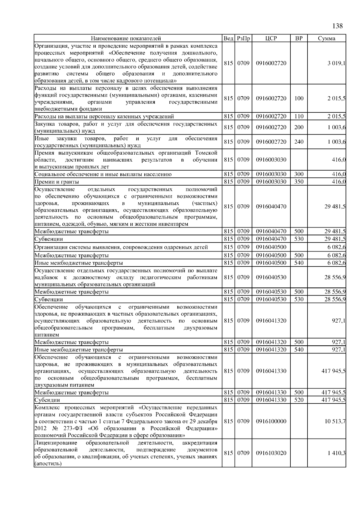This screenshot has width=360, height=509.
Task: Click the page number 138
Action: click(x=337, y=26)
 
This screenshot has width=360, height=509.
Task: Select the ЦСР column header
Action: click(x=271, y=38)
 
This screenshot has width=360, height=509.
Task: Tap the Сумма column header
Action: click(x=327, y=38)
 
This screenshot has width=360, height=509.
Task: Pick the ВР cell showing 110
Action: click(x=299, y=116)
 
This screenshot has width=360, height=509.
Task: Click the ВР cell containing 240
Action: click(x=299, y=142)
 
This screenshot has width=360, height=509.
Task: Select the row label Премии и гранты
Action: click(x=57, y=182)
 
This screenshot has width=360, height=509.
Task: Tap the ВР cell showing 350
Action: click(x=299, y=182)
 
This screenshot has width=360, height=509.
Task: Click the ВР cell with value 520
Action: click(x=299, y=400)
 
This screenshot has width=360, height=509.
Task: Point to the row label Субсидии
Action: click(x=47, y=400)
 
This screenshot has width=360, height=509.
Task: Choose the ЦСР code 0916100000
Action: click(x=271, y=421)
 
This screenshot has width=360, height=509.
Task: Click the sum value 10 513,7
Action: click(x=335, y=421)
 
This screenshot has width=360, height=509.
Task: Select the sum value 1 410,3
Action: click(x=337, y=453)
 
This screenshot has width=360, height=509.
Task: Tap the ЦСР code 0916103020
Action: click(x=271, y=453)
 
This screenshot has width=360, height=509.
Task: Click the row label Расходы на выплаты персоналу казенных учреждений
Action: click(x=104, y=116)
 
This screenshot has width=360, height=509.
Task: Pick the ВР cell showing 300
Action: click(x=299, y=174)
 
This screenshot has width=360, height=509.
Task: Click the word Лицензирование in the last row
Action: click(x=56, y=443)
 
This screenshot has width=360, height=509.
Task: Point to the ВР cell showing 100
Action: click(x=299, y=98)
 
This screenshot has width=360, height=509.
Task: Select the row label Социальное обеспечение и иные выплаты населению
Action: click(x=103, y=174)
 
